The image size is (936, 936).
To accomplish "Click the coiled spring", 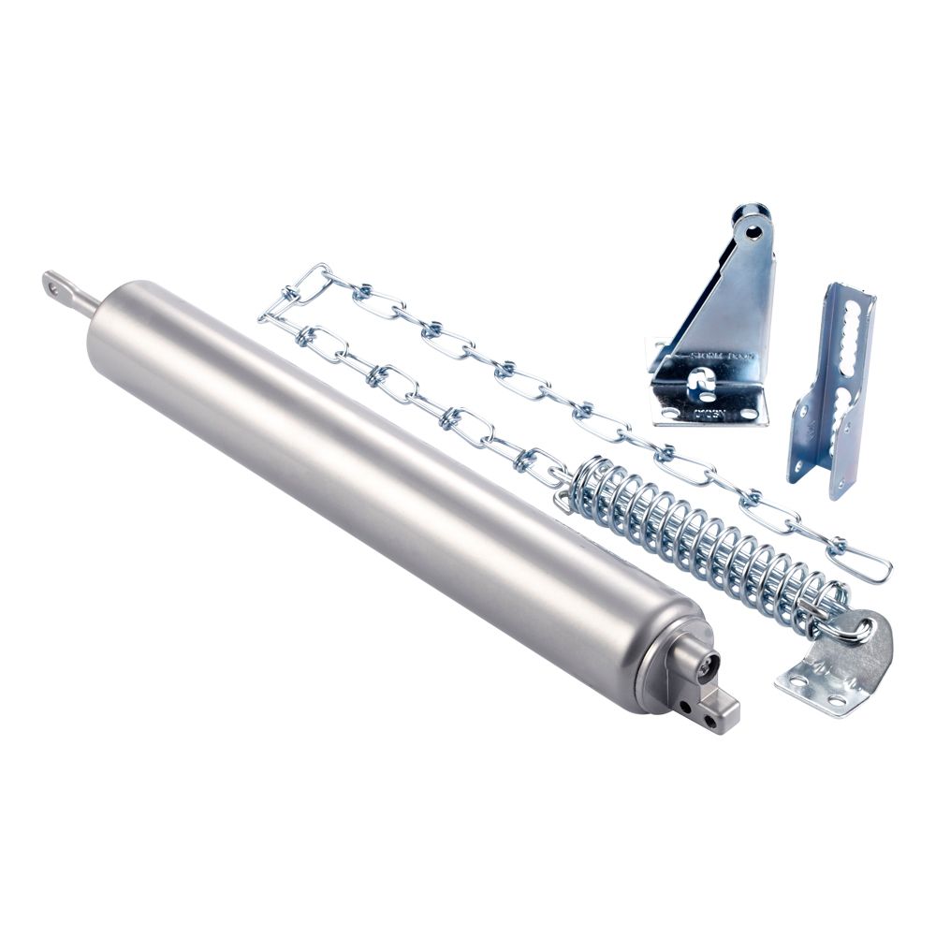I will pos(702,543).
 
